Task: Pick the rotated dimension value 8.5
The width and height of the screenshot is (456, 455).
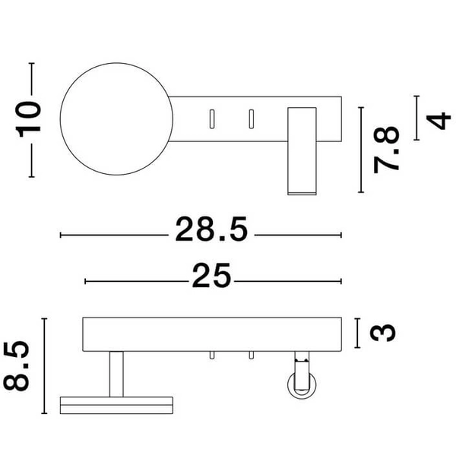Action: [x=20, y=365]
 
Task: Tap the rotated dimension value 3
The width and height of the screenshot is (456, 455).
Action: [x=386, y=332]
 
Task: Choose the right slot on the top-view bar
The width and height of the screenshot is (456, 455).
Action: [x=250, y=118]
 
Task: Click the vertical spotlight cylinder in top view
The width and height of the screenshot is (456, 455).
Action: [x=301, y=150]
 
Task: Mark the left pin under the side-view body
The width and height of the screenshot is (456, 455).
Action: [x=213, y=357]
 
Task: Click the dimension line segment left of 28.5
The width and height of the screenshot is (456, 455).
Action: [x=114, y=235]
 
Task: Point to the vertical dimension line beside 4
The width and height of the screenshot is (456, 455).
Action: [x=416, y=118]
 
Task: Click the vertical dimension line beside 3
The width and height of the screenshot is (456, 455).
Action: [x=357, y=332]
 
